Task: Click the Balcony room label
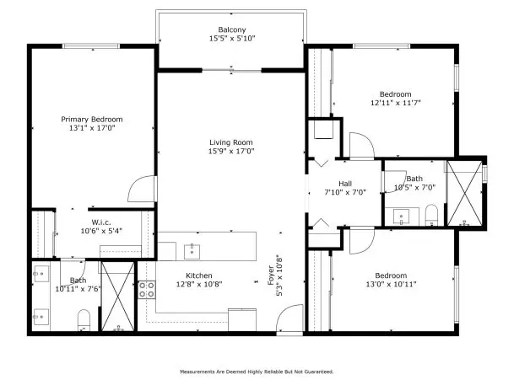click(x=232, y=29)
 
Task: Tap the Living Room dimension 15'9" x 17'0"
click(x=231, y=151)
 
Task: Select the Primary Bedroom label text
click(x=92, y=120)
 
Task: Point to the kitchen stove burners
click(x=147, y=290)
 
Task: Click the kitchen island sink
click(x=192, y=251)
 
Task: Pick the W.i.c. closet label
click(x=101, y=222)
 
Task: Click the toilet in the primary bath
click(x=84, y=320)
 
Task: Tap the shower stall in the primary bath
click(x=117, y=297)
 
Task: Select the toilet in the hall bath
click(x=431, y=215)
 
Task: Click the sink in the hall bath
click(x=402, y=217)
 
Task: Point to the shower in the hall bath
click(x=465, y=193)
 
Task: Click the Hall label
click(x=345, y=184)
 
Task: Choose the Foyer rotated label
click(x=271, y=275)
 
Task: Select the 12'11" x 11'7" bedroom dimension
click(x=396, y=103)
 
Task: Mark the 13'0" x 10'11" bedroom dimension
click(x=391, y=284)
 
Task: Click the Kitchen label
click(x=199, y=275)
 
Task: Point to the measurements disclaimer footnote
click(x=257, y=372)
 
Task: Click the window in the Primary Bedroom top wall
click(x=91, y=46)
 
